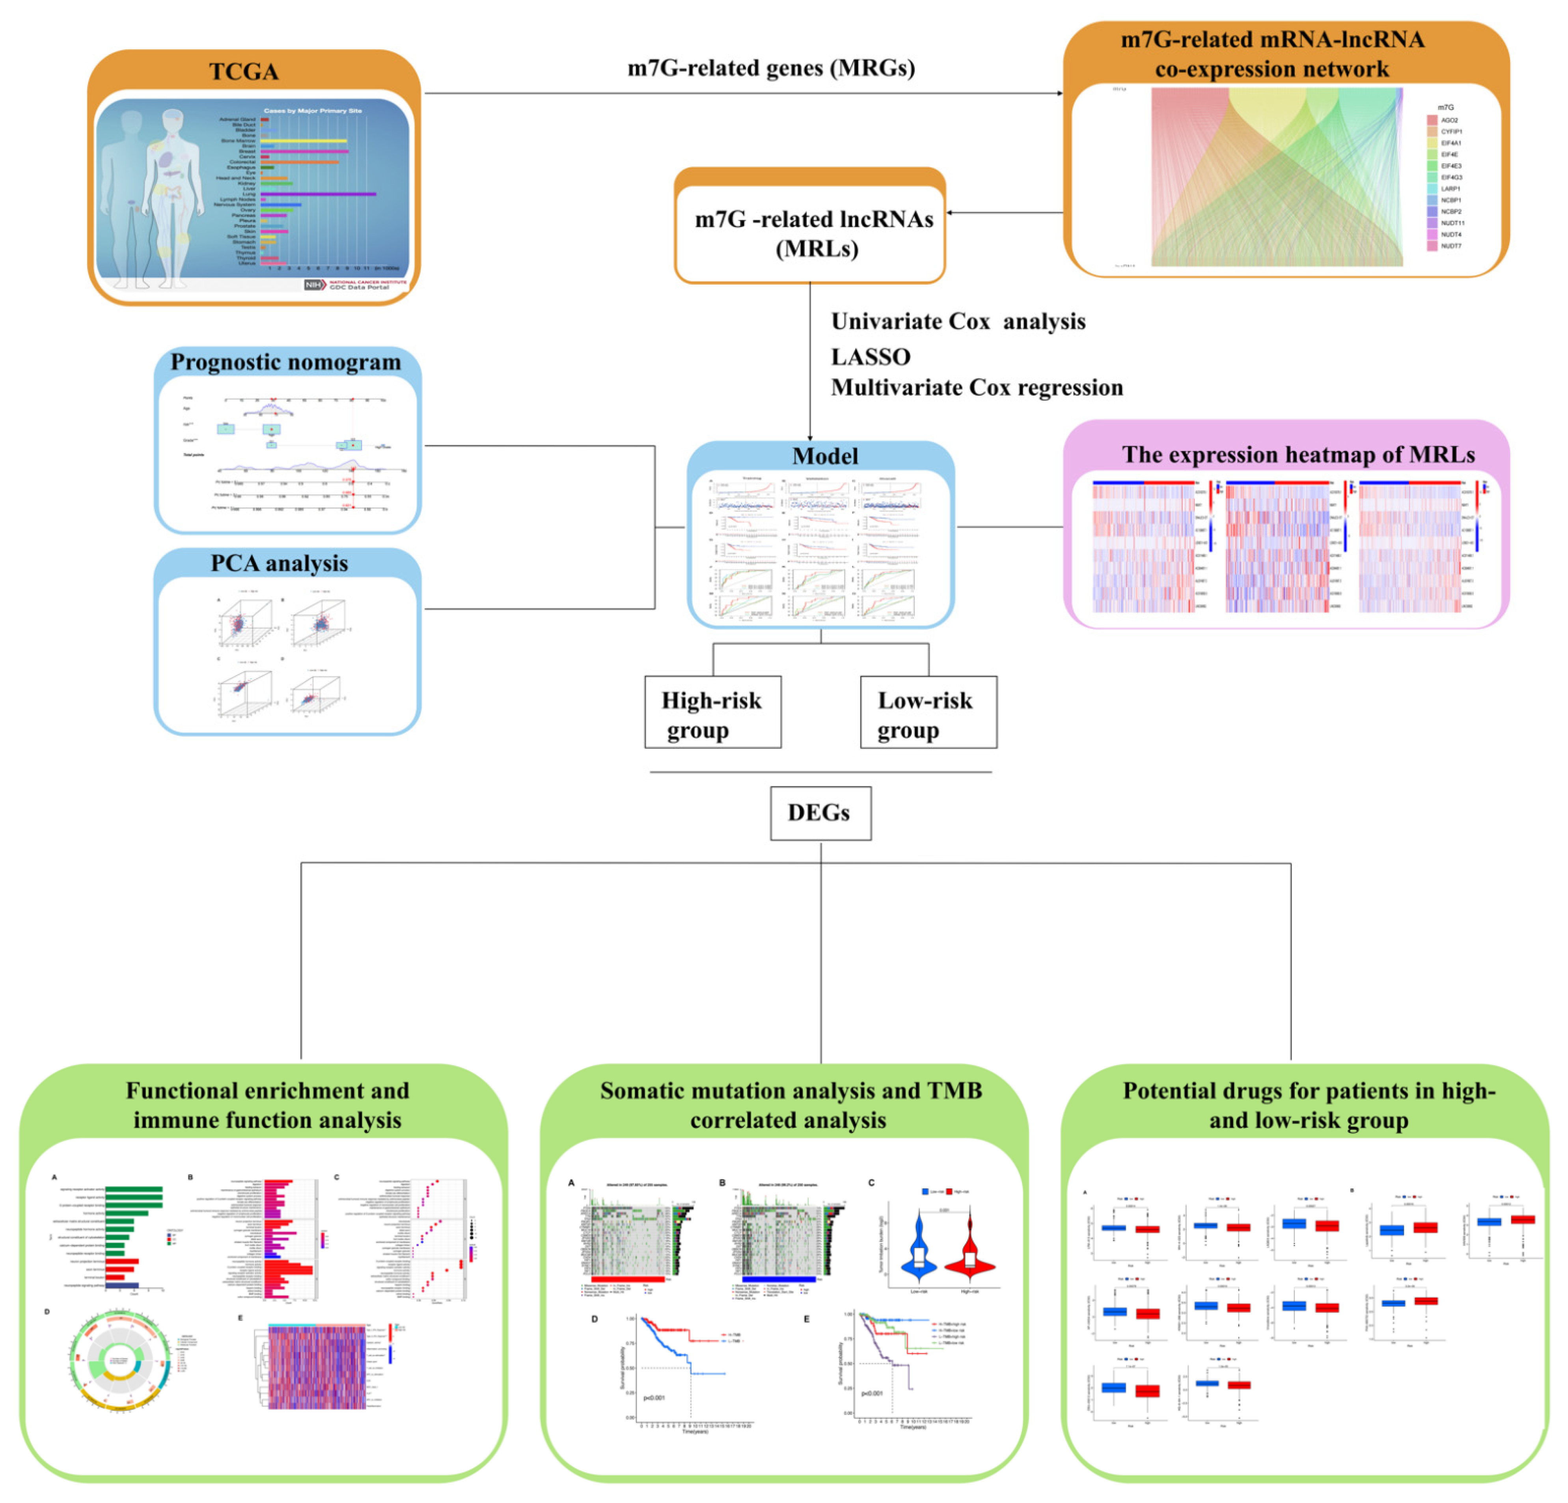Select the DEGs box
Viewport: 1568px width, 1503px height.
(x=820, y=813)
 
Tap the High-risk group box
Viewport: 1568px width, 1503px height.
(x=712, y=712)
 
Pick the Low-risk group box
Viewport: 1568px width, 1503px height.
(x=928, y=712)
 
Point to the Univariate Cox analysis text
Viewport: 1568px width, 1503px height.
(x=958, y=322)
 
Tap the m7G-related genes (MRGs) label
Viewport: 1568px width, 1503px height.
(x=770, y=68)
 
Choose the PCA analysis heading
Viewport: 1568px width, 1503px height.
(x=279, y=563)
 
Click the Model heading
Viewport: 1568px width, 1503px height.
(x=825, y=456)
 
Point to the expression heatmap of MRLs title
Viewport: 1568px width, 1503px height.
(x=1298, y=454)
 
